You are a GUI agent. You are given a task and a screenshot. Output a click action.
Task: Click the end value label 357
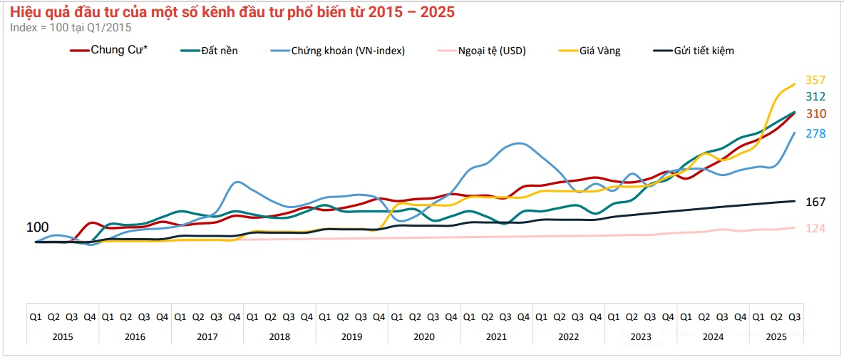(x=815, y=80)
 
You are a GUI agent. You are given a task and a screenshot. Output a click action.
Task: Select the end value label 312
(x=815, y=97)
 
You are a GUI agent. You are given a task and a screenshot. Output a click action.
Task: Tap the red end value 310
(x=815, y=114)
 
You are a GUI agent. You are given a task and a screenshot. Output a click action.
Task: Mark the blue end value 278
(x=815, y=133)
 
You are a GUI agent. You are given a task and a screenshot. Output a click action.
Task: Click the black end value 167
(x=815, y=202)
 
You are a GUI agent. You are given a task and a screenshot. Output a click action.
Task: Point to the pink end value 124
(x=815, y=228)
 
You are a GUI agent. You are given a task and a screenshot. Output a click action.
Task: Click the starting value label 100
(x=38, y=227)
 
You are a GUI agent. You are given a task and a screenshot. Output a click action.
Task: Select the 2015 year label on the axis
(x=62, y=336)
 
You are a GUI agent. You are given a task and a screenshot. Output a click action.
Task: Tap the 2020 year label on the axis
(x=423, y=336)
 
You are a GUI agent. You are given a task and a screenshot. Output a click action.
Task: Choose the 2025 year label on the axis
(x=776, y=336)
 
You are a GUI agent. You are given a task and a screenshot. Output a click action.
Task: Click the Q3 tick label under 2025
(x=794, y=317)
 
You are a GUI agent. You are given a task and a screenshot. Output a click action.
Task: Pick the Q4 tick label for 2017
(x=234, y=317)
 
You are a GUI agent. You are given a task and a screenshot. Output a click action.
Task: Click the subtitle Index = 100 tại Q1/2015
(x=71, y=27)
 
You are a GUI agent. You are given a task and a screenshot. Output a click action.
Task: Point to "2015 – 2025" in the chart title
(x=409, y=12)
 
